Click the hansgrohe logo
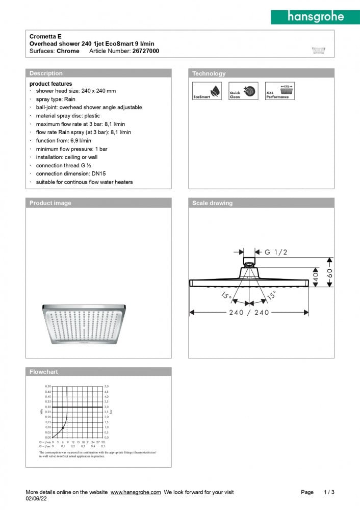pyautogui.click(x=315, y=17)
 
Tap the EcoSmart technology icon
pyautogui.click(x=207, y=91)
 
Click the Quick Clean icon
pyautogui.click(x=243, y=91)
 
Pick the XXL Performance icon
pyautogui.click(x=280, y=91)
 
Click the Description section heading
pyautogui.click(x=46, y=73)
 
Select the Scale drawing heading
pyautogui.click(x=212, y=203)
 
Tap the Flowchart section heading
pyautogui.click(x=44, y=372)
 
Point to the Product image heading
pyautogui.click(x=50, y=203)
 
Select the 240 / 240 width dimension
pyautogui.click(x=248, y=313)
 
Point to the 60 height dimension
pyautogui.click(x=330, y=271)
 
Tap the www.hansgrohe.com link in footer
pyautogui.click(x=136, y=492)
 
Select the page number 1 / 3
pyautogui.click(x=329, y=492)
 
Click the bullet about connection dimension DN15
pyautogui.click(x=71, y=173)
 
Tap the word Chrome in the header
pyautogui.click(x=68, y=51)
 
